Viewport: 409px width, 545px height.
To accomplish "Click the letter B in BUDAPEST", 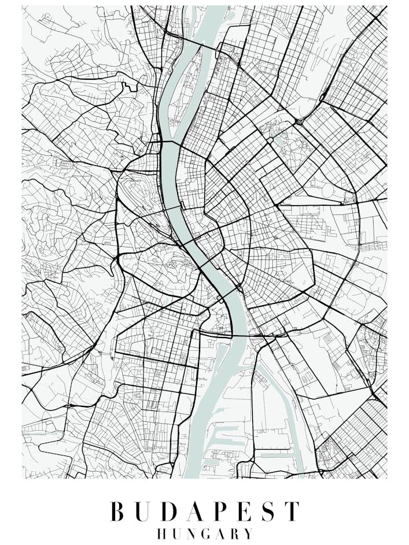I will point(118,512).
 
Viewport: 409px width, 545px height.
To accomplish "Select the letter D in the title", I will point(172,512).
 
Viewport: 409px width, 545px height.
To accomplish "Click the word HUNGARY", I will point(205,533).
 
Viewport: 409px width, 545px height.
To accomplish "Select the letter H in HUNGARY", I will point(162,533).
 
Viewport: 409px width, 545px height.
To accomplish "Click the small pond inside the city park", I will point(280,139).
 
